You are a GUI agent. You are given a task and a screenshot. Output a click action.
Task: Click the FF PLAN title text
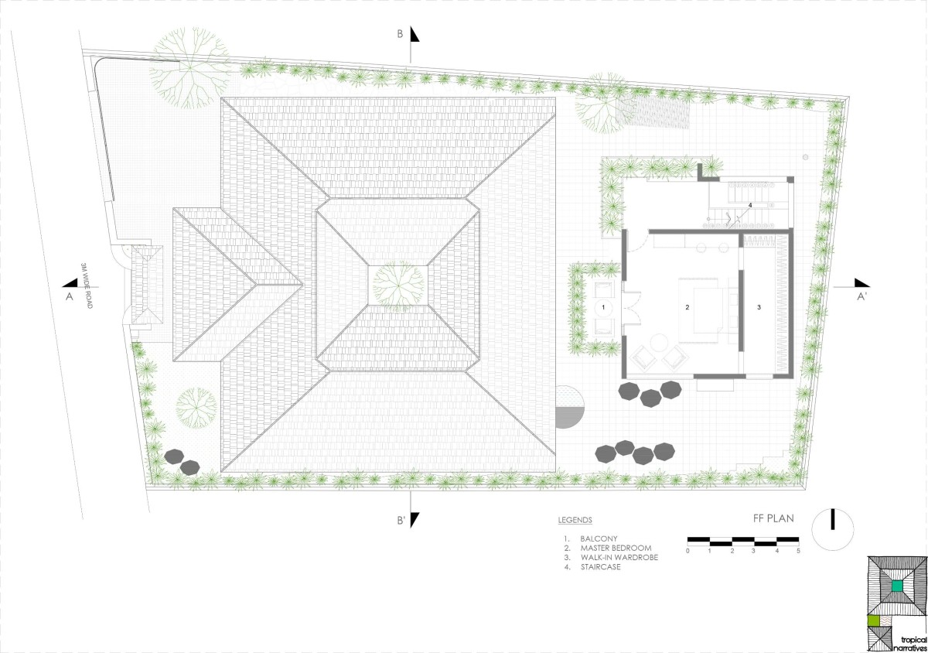[x=773, y=518]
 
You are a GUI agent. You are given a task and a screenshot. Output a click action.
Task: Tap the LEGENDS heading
[x=575, y=520]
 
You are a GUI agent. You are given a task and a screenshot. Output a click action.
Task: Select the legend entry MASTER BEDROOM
[x=616, y=548]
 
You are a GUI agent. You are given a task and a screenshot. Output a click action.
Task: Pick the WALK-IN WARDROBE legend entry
[x=619, y=558]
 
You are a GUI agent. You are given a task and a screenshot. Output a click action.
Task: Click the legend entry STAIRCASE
[x=600, y=567]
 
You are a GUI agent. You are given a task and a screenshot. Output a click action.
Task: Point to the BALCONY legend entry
[x=599, y=539]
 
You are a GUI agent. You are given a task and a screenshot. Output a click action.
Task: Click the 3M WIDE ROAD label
[x=87, y=285]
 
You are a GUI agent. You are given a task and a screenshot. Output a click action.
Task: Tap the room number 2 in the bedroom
[x=687, y=307]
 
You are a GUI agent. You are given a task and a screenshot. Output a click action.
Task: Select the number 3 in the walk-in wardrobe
[x=759, y=307]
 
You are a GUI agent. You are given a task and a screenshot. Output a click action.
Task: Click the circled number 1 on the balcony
[x=603, y=307]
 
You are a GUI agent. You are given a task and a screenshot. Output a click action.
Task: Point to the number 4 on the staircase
[x=750, y=205]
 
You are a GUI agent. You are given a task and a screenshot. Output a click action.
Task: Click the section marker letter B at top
[x=400, y=34]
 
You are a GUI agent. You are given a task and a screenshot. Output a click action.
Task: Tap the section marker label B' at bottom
[x=401, y=521]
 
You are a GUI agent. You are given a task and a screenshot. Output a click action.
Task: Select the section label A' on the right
[x=861, y=297]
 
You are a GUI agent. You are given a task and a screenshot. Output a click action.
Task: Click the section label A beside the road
[x=69, y=296]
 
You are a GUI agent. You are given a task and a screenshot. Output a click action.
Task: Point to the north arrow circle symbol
[x=833, y=530]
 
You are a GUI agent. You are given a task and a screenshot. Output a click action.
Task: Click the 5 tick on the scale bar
[x=798, y=551]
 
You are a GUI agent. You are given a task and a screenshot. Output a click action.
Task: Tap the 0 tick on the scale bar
[x=687, y=551]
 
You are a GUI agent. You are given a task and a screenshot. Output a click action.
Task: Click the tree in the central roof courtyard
[x=398, y=286]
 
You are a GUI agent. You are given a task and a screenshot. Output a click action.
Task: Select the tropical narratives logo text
[x=910, y=644]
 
